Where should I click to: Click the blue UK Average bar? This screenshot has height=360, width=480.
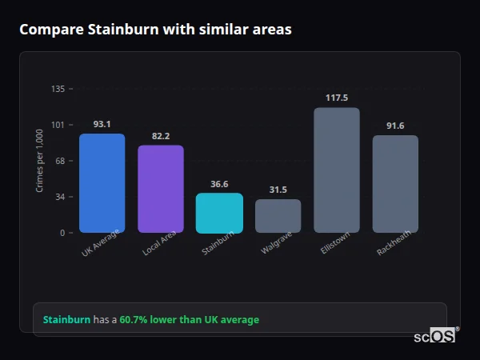click(102, 183)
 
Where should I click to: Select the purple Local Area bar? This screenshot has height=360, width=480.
click(161, 189)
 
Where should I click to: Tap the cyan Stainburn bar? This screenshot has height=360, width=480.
click(219, 213)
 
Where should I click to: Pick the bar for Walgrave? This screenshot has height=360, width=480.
click(278, 216)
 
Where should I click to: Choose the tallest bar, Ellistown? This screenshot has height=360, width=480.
click(337, 170)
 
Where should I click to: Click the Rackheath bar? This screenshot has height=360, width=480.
click(395, 184)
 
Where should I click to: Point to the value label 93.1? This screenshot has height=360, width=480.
click(102, 124)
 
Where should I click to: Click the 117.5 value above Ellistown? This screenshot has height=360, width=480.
click(337, 98)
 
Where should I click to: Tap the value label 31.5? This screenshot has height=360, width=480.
click(278, 190)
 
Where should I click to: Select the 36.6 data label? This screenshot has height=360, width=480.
click(219, 183)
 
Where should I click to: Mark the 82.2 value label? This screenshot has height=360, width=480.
click(161, 136)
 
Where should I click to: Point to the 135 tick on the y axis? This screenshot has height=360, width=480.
click(58, 89)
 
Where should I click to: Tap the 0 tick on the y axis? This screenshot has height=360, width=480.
click(62, 233)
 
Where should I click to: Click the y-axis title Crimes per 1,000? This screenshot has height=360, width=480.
click(39, 161)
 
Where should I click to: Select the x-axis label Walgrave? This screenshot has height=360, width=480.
click(275, 245)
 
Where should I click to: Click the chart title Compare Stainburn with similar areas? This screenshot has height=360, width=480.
click(155, 30)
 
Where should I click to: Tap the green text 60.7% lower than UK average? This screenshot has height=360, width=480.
click(189, 319)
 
